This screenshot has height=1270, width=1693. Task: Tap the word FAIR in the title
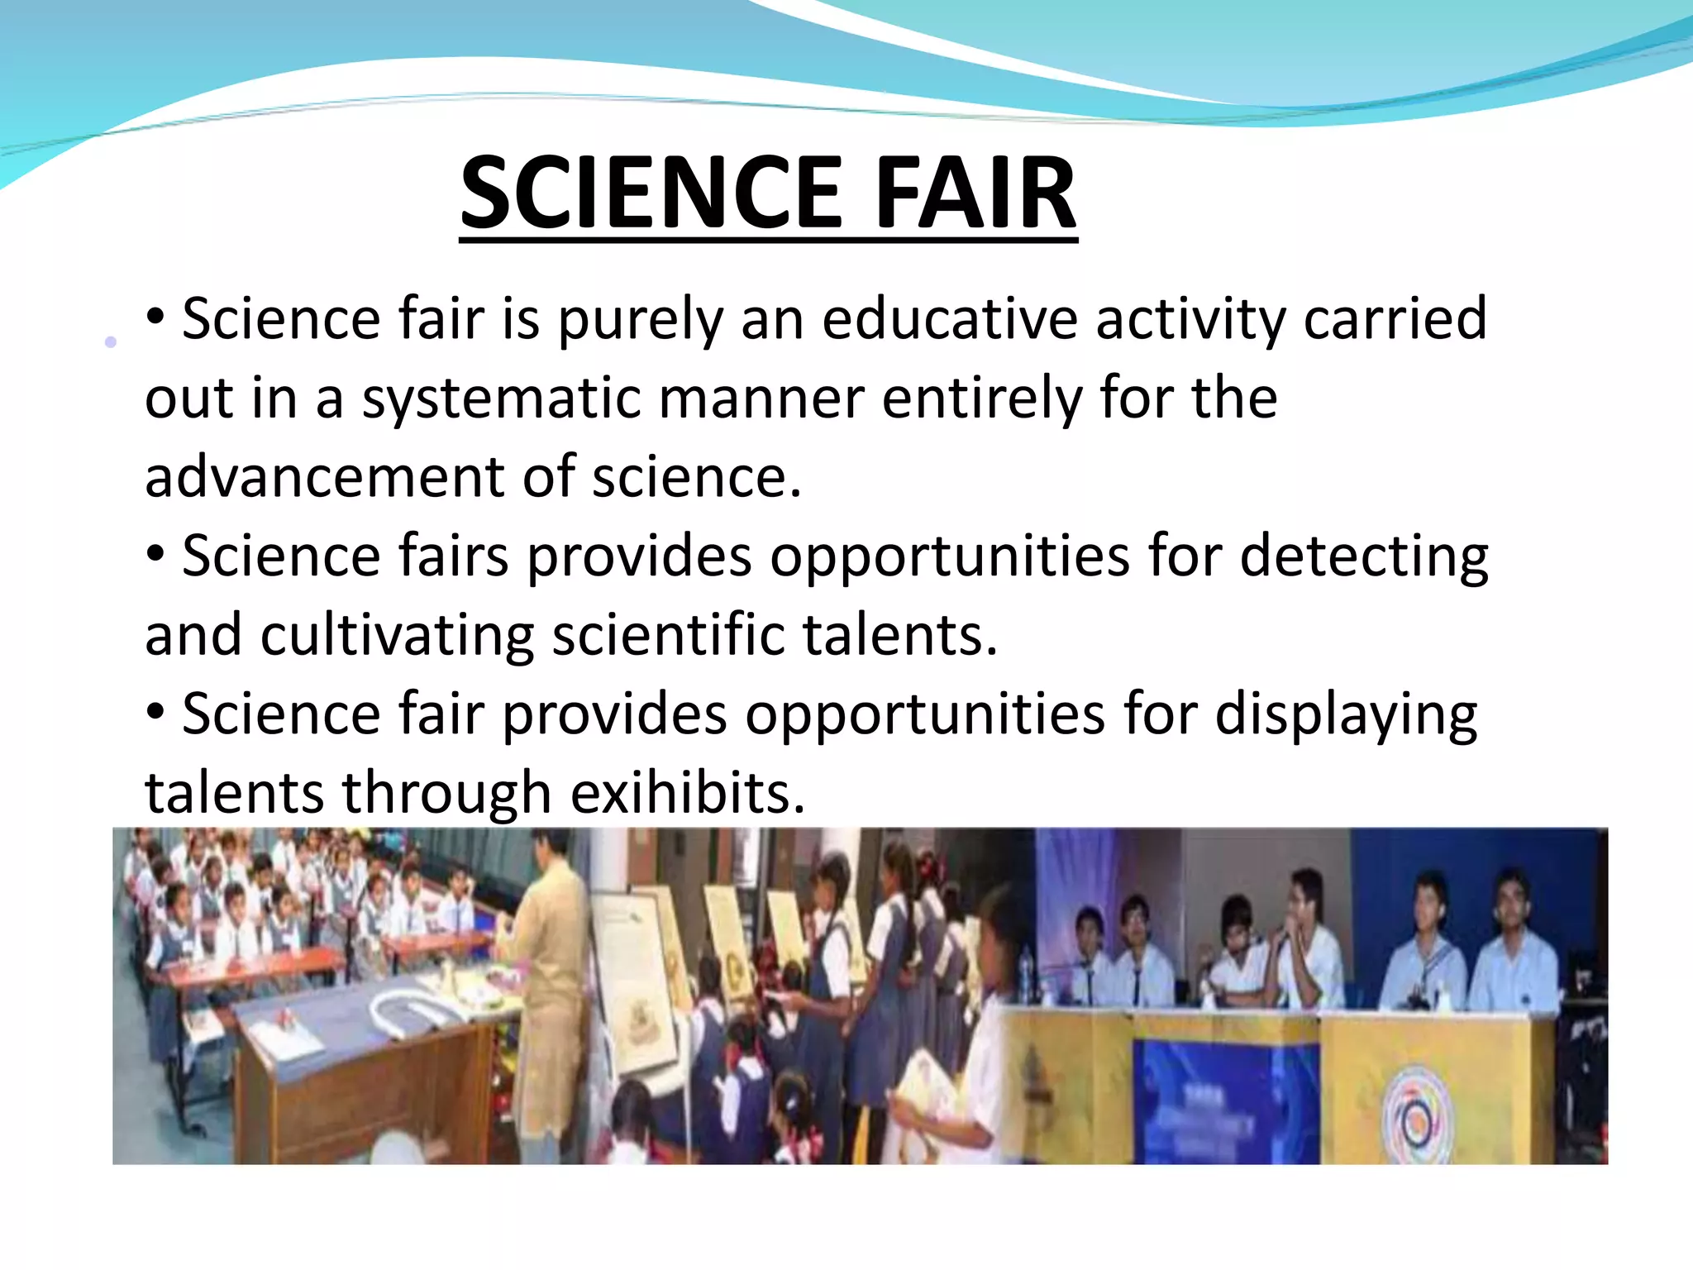pos(975,193)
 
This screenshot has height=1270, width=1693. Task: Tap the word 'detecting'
pos(1364,557)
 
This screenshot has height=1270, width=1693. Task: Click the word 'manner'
pos(761,399)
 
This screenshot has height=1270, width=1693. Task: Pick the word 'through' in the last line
pos(446,794)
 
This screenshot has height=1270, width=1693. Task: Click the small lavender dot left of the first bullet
pos(111,341)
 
